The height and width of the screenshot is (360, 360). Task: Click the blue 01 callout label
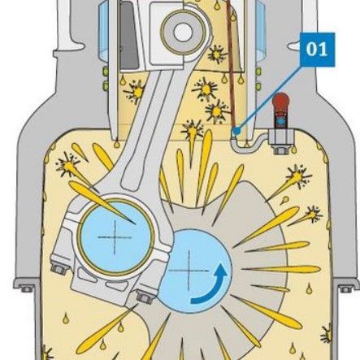(x=317, y=50)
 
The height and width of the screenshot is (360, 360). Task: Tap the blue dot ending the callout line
(x=237, y=131)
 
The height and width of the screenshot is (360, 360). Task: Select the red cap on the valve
(x=281, y=102)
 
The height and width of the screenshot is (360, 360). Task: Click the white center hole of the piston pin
(x=183, y=32)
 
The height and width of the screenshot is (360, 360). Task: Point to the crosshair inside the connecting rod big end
(x=115, y=237)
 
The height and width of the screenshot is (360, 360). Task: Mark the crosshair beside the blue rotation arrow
(x=189, y=270)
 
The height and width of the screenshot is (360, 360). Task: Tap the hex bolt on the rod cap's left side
(x=59, y=269)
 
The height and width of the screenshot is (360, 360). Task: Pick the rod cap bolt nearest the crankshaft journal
(x=145, y=296)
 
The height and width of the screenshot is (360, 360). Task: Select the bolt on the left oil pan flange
(x=26, y=288)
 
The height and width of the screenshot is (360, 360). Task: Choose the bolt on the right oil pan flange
(x=345, y=288)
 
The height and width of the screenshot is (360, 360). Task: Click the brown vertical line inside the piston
(x=231, y=65)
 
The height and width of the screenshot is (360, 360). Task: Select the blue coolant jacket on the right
(x=261, y=30)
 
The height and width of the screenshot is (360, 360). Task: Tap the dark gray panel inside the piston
(x=129, y=35)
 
